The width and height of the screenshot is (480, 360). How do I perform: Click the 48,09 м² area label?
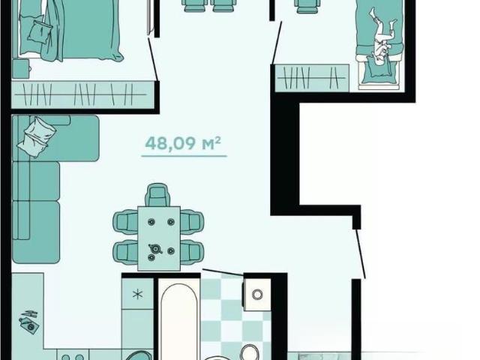coord(183,143)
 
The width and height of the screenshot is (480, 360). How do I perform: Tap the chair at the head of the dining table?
coord(157,195)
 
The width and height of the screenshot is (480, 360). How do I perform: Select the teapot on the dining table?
coord(155,248)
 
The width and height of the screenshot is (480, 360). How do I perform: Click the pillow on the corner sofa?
coord(37,136)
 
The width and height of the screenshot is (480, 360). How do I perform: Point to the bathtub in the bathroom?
coord(179,322)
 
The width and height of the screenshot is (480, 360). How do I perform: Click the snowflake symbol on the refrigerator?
coord(138,295)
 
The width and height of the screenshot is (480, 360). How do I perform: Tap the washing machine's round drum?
coord(257,295)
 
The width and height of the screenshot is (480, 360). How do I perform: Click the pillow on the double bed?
coord(40,31)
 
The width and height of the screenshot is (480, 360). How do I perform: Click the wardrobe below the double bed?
coord(82,94)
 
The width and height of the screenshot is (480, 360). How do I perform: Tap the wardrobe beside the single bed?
coord(312,78)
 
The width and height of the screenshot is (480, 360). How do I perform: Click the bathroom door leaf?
coord(223,272)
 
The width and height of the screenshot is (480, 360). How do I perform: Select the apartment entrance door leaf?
coord(360,253)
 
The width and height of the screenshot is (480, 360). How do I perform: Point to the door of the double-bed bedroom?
coord(153,59)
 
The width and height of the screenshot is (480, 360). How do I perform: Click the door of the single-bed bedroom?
coord(277,43)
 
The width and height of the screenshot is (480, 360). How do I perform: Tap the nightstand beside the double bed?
coord(20,69)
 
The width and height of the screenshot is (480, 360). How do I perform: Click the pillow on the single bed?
coord(379,70)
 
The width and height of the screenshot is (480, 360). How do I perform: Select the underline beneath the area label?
coord(184,156)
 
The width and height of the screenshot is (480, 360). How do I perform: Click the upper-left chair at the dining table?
coord(125,222)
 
